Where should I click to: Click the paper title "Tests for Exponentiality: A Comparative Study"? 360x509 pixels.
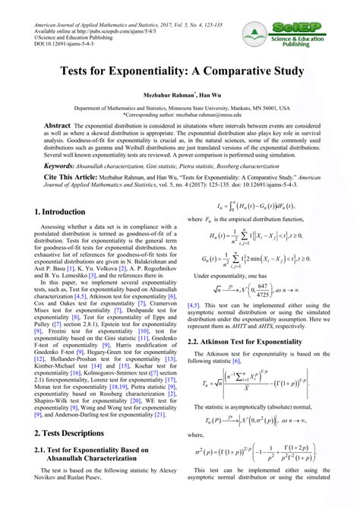(x=180, y=71)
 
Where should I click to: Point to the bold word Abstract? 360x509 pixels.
(x=57, y=125)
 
